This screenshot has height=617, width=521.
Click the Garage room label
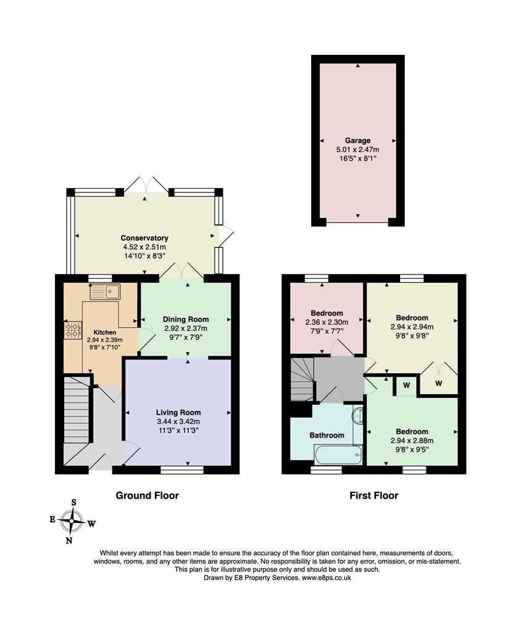coord(357,141)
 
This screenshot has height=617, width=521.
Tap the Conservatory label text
coord(144,238)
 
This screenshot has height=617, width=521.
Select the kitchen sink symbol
coord(105,292)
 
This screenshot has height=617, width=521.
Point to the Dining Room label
coord(186,320)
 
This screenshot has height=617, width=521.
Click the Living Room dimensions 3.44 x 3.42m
coord(178,421)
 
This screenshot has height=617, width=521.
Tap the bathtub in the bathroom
coord(338,455)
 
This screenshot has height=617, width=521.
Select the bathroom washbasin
coord(358,415)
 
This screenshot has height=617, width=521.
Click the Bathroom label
coord(327,435)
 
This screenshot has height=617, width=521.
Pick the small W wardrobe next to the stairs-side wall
coord(406,386)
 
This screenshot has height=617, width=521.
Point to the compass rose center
coord(71,521)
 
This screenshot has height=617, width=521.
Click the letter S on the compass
coord(73,502)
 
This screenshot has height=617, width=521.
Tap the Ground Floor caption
coord(148,495)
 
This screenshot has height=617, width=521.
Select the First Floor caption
coord(373,495)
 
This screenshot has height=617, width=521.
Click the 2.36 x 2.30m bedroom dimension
coord(327,322)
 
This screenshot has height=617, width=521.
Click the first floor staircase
coord(302,379)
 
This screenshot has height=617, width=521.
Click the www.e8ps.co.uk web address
coord(327,578)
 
